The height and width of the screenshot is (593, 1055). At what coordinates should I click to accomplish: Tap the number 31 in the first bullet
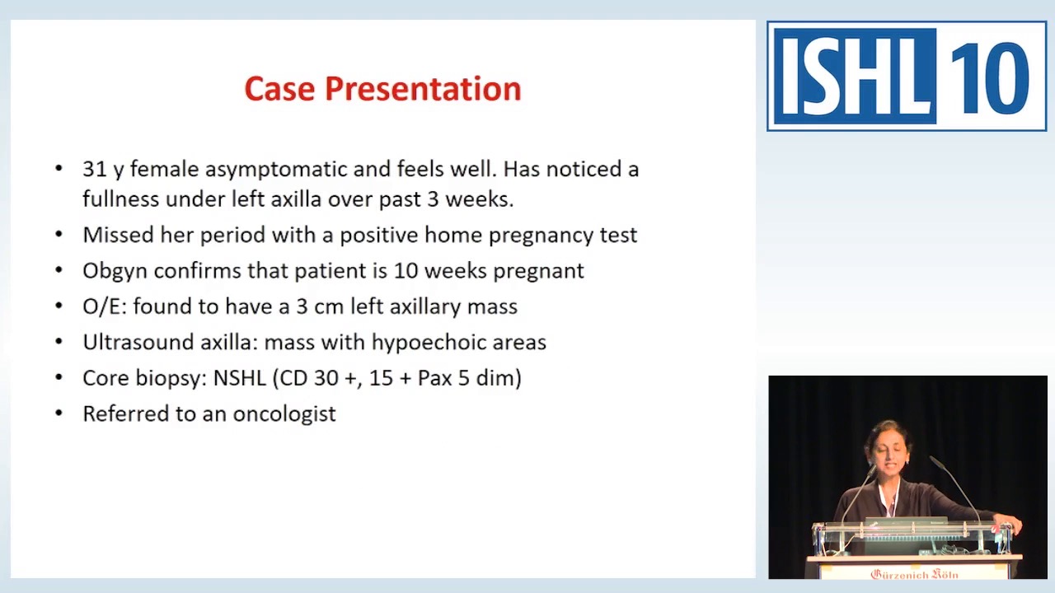pos(95,169)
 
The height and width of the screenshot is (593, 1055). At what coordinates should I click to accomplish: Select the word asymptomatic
pos(276,170)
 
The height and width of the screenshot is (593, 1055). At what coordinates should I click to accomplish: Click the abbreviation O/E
pos(103,306)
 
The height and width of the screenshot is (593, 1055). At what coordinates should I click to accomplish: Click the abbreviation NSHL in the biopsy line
pos(239,378)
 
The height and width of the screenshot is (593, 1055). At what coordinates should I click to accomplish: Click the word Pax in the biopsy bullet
pos(432,378)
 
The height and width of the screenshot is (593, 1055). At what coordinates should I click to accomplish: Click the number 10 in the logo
pos(990,77)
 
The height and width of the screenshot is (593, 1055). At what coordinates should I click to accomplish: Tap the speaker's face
pos(888,452)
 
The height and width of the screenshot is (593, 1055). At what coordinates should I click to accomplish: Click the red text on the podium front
pos(914,573)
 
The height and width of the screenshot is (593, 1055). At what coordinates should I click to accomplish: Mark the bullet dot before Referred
pos(59,413)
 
